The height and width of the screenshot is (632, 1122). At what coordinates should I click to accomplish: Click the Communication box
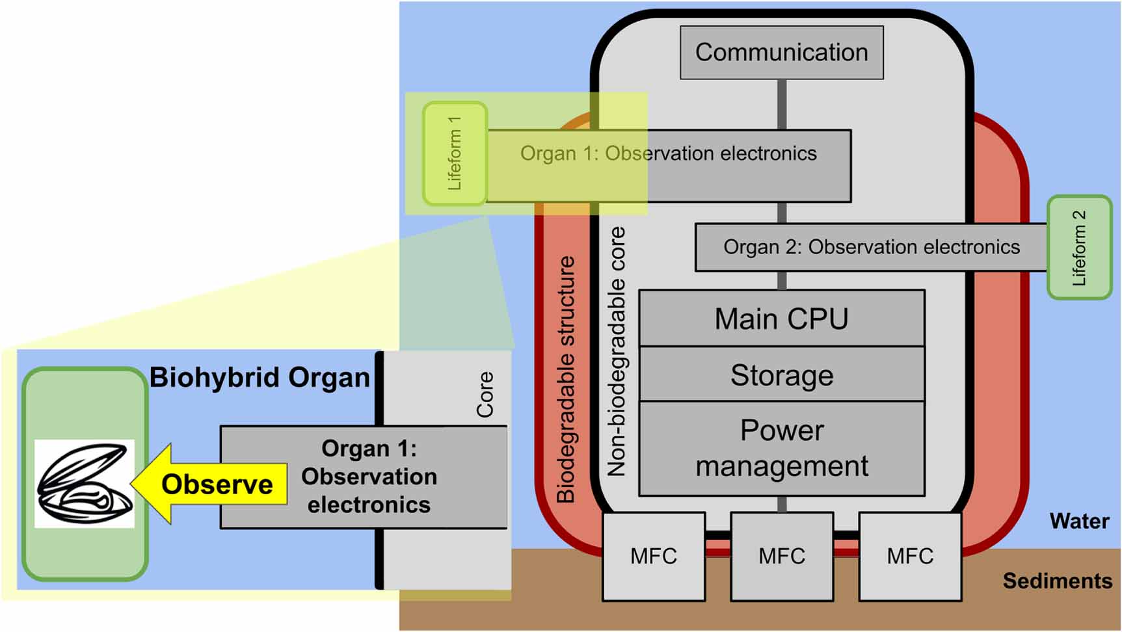[781, 53]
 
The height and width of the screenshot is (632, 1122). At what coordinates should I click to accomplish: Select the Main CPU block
[781, 319]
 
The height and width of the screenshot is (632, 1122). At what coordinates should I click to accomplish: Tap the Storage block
[781, 375]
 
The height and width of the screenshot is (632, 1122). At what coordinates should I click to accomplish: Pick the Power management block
[781, 449]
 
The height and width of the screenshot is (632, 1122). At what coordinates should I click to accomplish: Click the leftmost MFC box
[654, 556]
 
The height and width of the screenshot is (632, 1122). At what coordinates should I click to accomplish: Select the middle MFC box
[781, 556]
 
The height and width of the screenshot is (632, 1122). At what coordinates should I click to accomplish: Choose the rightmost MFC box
[910, 556]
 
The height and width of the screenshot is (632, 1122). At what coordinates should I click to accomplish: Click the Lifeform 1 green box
[455, 154]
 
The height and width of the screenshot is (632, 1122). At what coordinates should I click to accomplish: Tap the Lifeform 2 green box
[1079, 248]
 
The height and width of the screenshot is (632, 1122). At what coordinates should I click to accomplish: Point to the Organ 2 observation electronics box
[871, 248]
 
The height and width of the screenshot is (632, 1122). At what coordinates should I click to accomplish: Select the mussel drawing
[84, 483]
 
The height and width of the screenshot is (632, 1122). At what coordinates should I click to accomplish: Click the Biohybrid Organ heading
[260, 378]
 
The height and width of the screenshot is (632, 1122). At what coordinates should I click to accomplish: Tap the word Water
[1079, 521]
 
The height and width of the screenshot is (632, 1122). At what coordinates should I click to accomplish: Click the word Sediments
[1057, 581]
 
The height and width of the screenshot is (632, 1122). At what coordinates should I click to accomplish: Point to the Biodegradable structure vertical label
[567, 379]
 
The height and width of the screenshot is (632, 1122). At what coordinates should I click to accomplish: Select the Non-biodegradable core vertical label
[616, 352]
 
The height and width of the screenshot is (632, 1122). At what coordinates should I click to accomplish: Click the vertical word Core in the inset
[485, 394]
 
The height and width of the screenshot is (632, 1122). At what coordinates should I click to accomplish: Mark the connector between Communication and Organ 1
[781, 105]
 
